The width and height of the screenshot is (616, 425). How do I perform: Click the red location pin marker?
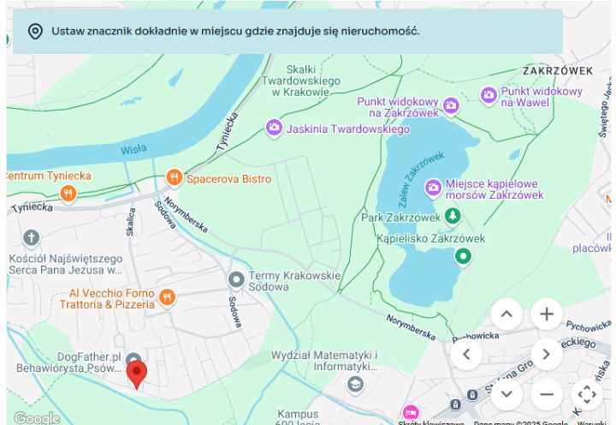(136, 373)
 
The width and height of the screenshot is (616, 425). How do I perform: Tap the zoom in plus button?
(547, 314)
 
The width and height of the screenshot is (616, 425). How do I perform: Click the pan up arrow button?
(506, 314)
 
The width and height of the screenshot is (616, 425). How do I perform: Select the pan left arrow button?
(466, 353)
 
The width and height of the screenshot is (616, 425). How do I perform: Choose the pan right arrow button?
(546, 353)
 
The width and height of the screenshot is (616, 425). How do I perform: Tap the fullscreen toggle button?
(586, 394)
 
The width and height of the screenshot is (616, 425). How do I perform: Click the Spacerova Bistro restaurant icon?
(175, 178)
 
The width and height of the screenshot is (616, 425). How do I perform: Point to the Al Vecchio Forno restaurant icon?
(167, 297)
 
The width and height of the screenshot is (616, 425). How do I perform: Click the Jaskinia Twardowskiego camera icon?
(274, 129)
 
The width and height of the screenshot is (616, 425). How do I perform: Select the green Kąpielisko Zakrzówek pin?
(463, 255)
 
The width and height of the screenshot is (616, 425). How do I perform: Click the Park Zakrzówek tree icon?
(453, 217)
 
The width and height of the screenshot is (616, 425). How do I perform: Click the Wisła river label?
(133, 149)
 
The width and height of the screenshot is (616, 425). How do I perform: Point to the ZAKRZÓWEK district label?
(558, 70)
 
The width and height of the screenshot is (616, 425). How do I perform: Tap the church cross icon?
(32, 238)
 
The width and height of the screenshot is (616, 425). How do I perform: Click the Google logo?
(36, 417)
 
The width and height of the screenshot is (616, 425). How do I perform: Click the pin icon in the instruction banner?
(35, 32)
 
